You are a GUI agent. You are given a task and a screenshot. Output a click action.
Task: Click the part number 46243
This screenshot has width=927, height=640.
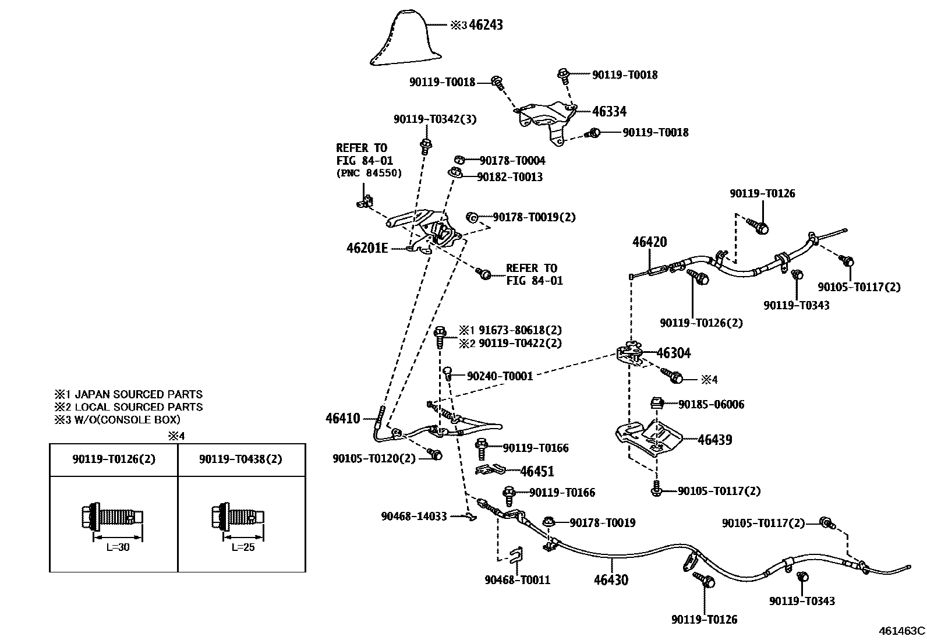point(486,25)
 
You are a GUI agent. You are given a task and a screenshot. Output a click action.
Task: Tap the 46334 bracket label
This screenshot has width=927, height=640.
point(609,112)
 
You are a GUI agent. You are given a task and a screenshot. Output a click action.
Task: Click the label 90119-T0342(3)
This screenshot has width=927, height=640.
point(435,119)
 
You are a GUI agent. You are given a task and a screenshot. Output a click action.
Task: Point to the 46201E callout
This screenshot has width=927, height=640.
point(367,248)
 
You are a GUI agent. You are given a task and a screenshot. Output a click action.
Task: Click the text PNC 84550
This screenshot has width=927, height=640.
point(369,173)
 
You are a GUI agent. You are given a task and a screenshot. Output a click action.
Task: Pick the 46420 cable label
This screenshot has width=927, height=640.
point(650,242)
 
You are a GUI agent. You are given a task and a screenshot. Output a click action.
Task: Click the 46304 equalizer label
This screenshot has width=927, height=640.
point(674,353)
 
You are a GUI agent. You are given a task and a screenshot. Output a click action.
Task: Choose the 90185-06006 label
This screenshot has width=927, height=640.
point(711,404)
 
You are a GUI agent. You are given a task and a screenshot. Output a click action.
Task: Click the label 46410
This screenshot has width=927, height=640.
point(343,418)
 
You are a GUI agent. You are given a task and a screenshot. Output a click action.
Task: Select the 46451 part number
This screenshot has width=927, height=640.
point(537,471)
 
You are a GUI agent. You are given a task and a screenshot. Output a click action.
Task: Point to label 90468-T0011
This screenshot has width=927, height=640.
point(517,579)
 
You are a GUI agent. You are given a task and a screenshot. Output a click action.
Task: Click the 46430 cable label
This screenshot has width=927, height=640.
point(611,579)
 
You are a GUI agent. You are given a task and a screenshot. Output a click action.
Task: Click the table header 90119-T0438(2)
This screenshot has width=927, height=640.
point(240,459)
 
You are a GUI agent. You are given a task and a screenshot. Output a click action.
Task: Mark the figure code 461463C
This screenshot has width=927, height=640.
point(901,631)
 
